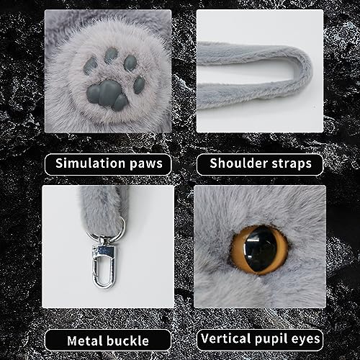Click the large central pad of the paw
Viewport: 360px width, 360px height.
pyautogui.click(x=109, y=94)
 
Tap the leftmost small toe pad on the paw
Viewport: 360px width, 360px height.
pyautogui.click(x=90, y=66)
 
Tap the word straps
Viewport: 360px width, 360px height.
pyautogui.click(x=294, y=163)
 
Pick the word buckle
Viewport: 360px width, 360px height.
pyautogui.click(x=132, y=340)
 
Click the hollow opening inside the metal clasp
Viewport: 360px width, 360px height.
pyautogui.click(x=104, y=269)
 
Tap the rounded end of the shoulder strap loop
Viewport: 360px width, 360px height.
pyautogui.click(x=301, y=68)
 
